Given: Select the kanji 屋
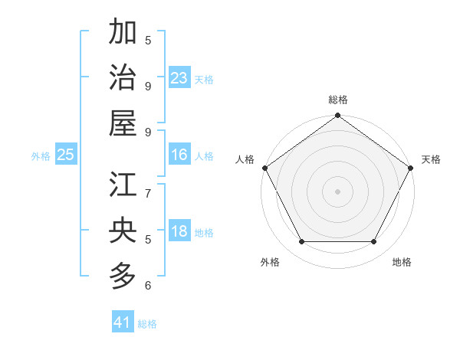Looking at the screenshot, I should (x=123, y=123).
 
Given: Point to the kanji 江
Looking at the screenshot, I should (x=123, y=185).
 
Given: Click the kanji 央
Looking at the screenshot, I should (x=123, y=231).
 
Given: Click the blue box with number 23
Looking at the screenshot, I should (x=179, y=78).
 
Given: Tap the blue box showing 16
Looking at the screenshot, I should (x=179, y=155).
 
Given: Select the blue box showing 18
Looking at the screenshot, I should (x=179, y=231).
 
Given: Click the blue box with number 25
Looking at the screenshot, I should (x=65, y=155).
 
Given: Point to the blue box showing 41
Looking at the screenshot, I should (x=123, y=322).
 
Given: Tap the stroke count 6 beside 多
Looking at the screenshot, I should (x=148, y=286).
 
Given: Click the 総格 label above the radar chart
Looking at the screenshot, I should (x=337, y=100).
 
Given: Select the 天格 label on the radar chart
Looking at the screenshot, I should (x=431, y=159).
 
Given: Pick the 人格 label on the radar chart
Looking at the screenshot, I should (x=245, y=159).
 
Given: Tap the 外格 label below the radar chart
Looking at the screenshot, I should (x=270, y=262).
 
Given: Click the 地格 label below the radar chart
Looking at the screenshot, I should (x=402, y=262).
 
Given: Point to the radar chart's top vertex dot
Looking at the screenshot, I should (x=337, y=116).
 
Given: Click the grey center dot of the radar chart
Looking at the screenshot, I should (x=337, y=191).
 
